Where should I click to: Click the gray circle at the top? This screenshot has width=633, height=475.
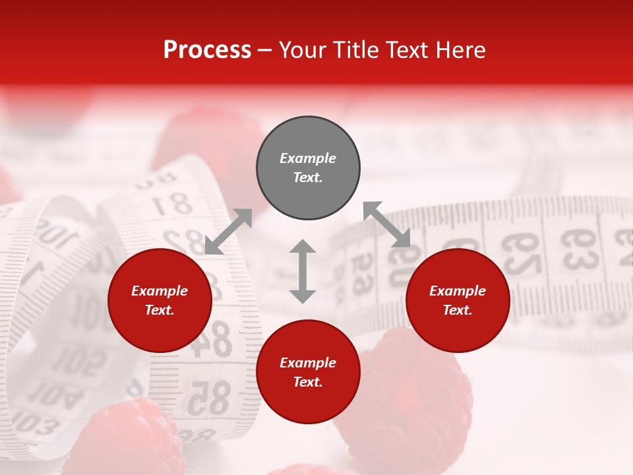(x=308, y=168)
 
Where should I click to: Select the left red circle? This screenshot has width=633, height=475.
(x=160, y=300)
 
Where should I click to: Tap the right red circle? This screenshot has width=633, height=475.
(x=458, y=300)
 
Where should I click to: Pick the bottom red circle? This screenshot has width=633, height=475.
(x=308, y=372)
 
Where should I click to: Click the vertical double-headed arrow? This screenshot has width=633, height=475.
(x=303, y=271)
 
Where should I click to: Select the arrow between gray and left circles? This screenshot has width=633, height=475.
(x=228, y=232)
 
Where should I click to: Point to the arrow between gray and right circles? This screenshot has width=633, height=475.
(x=387, y=224)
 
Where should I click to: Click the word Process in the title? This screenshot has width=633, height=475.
(x=207, y=50)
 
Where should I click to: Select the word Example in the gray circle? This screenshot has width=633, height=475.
(x=308, y=158)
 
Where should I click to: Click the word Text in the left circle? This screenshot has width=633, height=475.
(x=160, y=310)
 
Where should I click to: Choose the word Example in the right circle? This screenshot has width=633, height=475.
(x=458, y=291)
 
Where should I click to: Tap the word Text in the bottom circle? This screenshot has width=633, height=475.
(x=308, y=382)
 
